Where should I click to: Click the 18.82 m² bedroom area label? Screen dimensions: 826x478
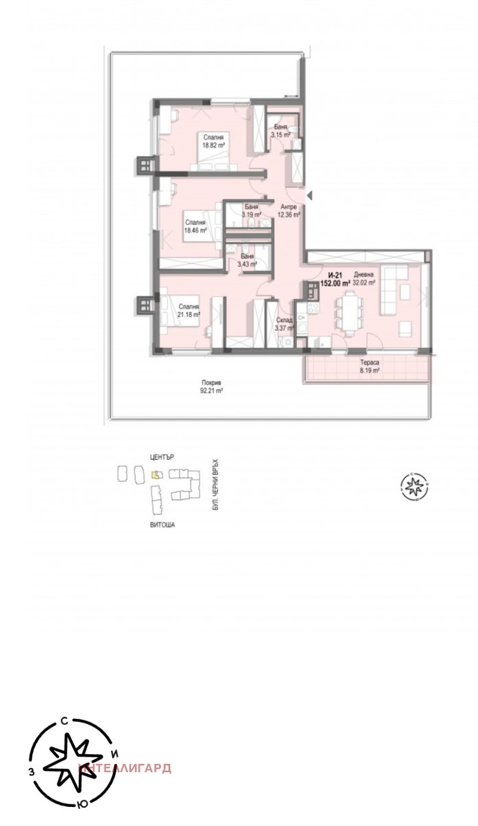tap(212, 141)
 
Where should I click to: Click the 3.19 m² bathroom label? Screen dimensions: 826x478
tap(251, 210)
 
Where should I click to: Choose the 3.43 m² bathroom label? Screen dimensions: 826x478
tap(247, 260)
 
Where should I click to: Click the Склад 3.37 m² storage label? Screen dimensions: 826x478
tap(284, 324)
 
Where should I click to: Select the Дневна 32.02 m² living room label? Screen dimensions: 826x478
tap(363, 279)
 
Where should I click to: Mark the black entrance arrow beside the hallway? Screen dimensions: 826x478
tap(309, 195)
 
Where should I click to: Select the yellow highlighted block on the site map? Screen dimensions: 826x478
tap(155, 475)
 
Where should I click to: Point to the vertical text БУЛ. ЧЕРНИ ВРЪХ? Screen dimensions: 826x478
tap(216, 484)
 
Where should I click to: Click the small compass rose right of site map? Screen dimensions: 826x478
tap(413, 485)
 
